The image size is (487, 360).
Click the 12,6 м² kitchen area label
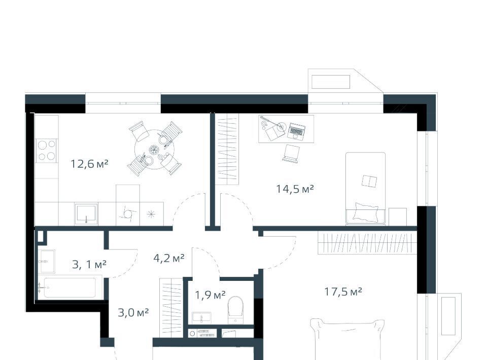point(89,164)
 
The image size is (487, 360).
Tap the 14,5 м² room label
point(295,189)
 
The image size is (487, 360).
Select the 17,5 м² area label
point(343,292)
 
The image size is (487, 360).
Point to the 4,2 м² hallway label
point(169,258)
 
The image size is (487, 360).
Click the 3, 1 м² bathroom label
point(89,264)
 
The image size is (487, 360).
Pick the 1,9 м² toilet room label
point(210,295)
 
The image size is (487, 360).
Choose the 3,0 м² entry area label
point(133,312)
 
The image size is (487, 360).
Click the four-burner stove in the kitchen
point(47,151)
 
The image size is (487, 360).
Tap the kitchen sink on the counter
point(86,214)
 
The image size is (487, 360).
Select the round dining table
point(154,150)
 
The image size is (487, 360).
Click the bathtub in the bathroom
point(70,287)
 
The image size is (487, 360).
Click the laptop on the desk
point(297,131)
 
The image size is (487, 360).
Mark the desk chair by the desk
point(291,153)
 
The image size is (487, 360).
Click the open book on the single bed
point(370,181)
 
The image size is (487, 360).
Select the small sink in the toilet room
point(201,318)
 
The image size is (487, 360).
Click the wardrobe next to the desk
point(227,149)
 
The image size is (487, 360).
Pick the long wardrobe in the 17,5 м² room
point(367,243)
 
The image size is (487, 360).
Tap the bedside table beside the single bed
point(398,217)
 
